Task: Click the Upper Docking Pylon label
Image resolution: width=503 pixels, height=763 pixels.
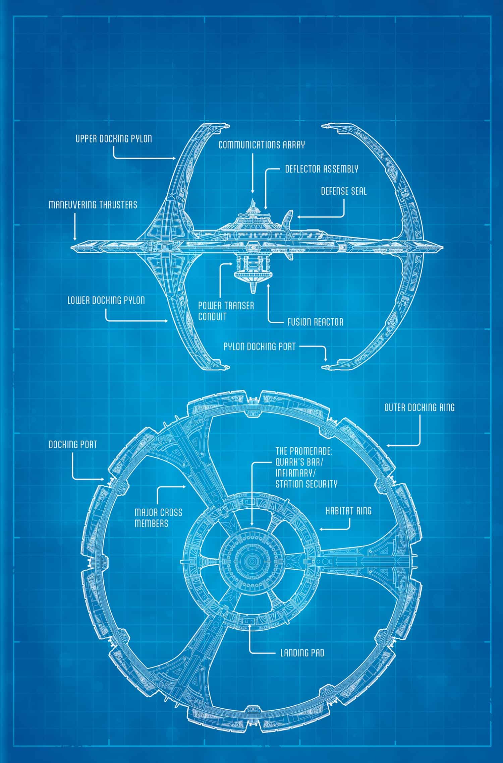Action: tap(113, 139)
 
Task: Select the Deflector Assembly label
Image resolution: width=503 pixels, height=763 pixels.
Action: tap(322, 169)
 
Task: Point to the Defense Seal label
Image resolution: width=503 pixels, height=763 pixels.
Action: tap(344, 191)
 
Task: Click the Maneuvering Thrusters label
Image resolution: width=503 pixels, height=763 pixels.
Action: tap(93, 204)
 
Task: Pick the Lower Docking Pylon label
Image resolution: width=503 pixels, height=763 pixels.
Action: tap(106, 300)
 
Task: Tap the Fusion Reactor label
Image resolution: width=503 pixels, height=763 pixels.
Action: tap(315, 322)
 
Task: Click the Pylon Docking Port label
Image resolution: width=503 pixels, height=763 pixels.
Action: tap(260, 346)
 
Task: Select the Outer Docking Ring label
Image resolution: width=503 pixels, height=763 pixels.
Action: tap(419, 407)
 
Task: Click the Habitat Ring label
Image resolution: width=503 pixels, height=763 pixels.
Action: tap(349, 511)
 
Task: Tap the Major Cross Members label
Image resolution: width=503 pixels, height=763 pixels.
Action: tap(154, 518)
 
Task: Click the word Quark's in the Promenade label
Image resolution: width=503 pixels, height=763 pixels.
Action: tap(289, 462)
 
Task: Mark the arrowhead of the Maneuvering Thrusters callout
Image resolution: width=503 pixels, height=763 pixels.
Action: tap(74, 239)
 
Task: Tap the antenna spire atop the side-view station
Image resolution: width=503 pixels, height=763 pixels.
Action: tap(253, 202)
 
